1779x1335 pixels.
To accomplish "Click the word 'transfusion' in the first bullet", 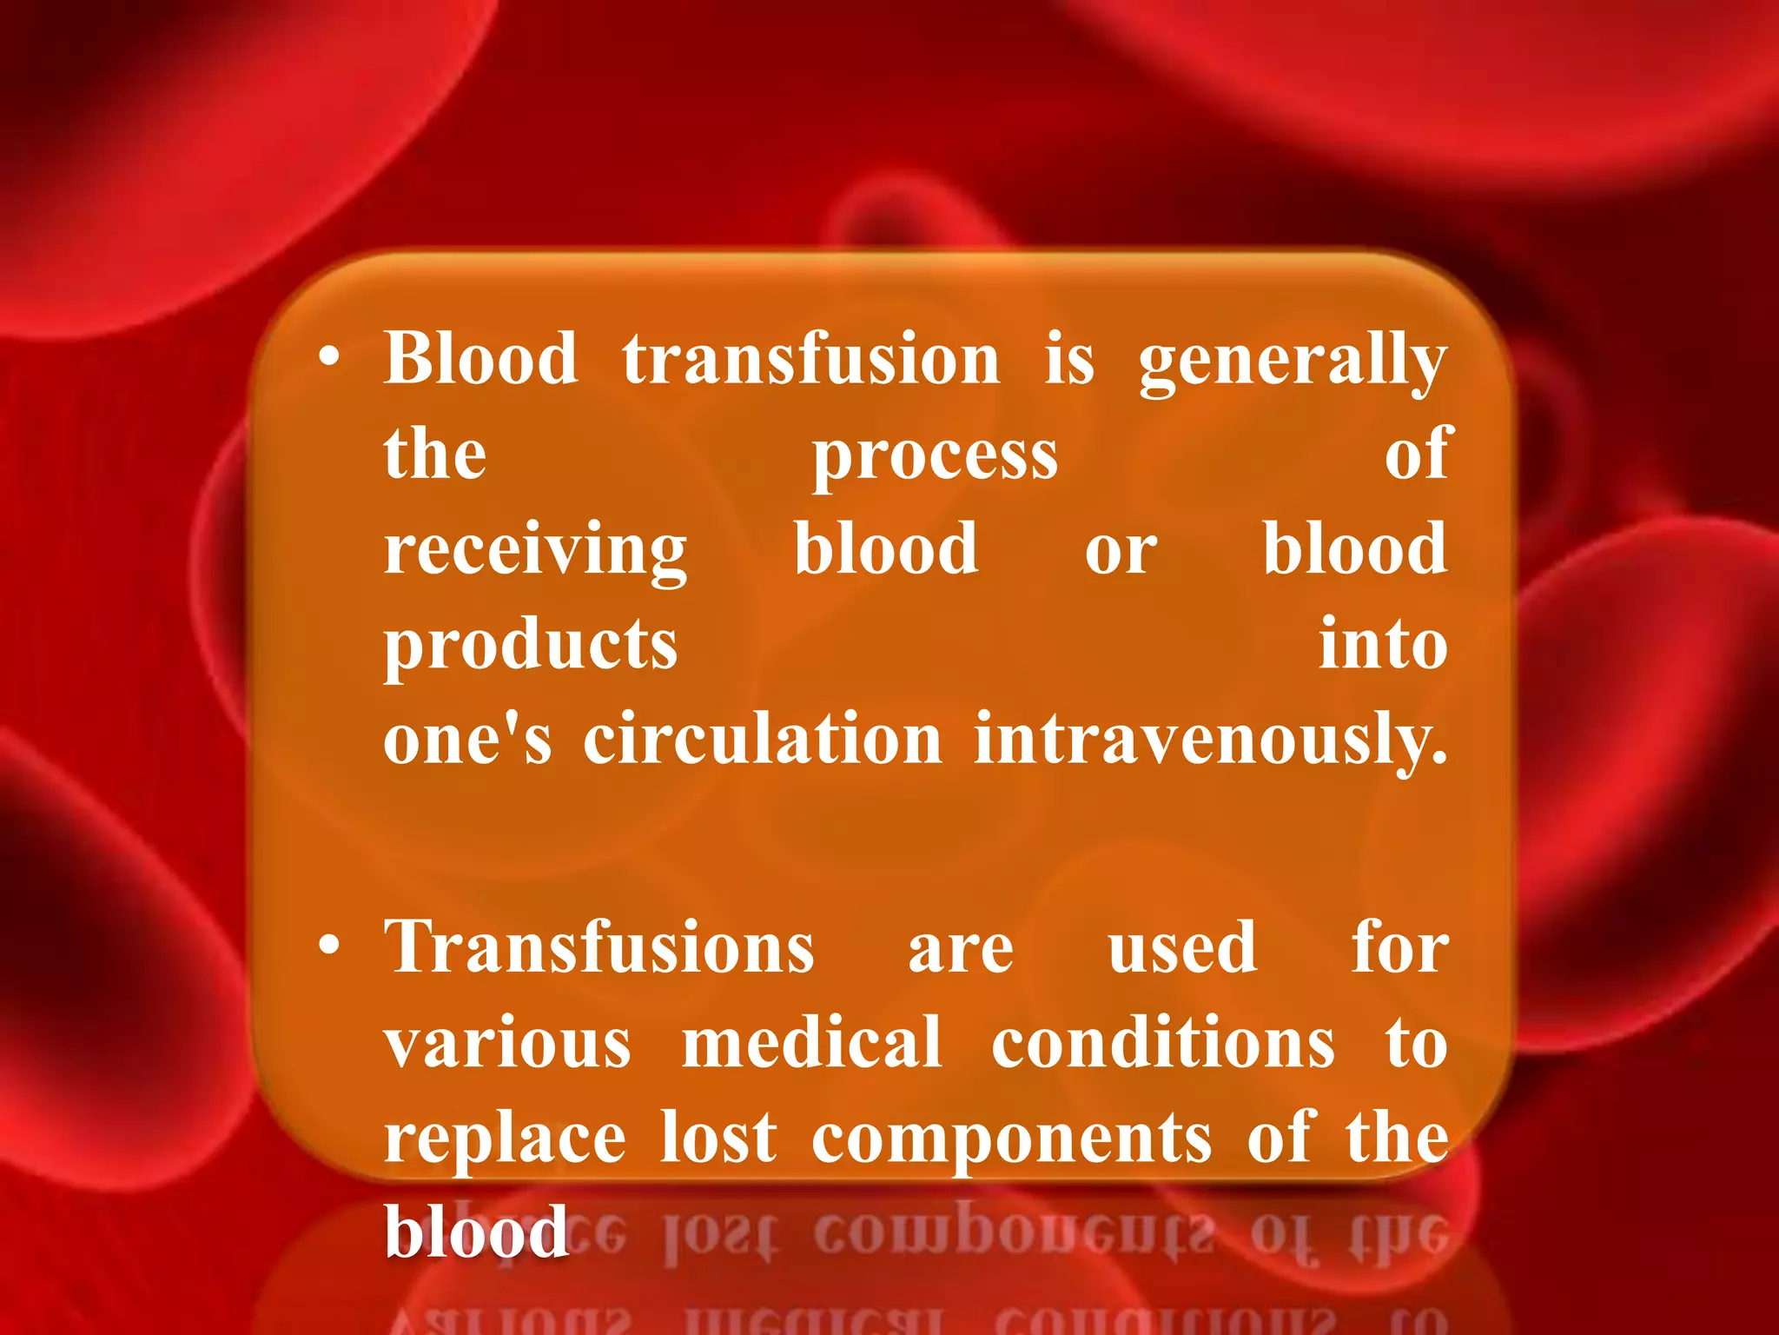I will [810, 359].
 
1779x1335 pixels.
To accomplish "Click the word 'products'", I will [530, 648].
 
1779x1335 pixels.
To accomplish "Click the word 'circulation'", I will [762, 740].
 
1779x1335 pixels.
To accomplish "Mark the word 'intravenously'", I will [1210, 741].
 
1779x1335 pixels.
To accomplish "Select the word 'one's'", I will [467, 740].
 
